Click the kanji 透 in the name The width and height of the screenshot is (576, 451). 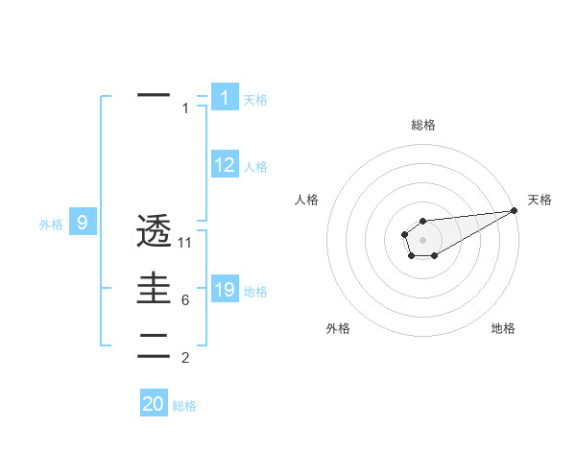(154, 232)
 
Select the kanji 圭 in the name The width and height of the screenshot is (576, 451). (154, 288)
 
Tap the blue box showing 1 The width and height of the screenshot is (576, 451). (225, 98)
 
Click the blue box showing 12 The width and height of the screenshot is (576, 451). (225, 165)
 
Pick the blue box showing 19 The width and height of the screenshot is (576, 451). (225, 290)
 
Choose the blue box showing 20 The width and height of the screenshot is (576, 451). (154, 404)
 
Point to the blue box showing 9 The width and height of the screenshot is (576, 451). (83, 224)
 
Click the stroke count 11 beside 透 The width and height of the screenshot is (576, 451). (185, 243)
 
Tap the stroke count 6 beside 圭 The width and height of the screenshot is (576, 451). (185, 300)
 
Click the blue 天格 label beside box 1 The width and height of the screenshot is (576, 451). (255, 100)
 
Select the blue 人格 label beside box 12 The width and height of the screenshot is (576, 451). (255, 167)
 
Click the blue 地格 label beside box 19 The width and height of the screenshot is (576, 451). (255, 292)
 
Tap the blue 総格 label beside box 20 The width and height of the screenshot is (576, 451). (184, 406)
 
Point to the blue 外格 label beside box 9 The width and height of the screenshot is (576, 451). (51, 225)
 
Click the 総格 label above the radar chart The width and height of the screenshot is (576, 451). (422, 125)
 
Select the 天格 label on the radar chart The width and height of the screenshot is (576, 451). (540, 200)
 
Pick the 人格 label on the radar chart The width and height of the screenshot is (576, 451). (307, 200)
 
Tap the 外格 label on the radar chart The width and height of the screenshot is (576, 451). (338, 328)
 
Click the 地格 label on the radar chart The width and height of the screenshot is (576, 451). (503, 328)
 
